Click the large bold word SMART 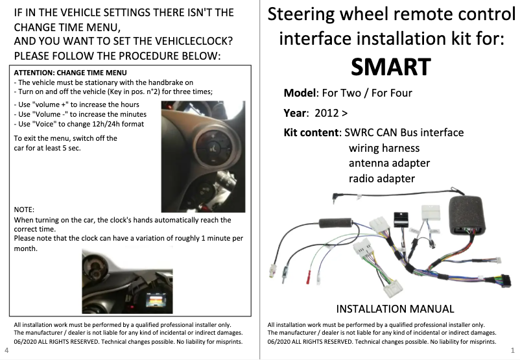pyautogui.click(x=390, y=67)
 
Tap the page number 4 pyautogui.click(x=6, y=350)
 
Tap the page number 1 pyautogui.click(x=513, y=350)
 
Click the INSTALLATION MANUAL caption pyautogui.click(x=395, y=309)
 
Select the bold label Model pyautogui.click(x=300, y=93)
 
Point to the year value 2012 pyautogui.click(x=326, y=113)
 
